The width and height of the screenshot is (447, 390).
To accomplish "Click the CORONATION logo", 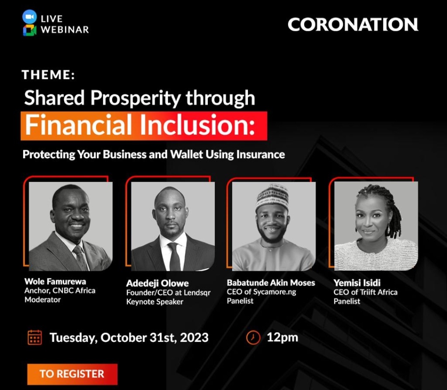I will tap(353, 25).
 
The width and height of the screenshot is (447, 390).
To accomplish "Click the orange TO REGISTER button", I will tap(72, 374).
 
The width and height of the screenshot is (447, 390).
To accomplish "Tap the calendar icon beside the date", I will tap(35, 337).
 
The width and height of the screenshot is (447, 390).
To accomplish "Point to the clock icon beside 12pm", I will tap(253, 337).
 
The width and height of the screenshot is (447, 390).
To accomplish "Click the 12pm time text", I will tap(282, 337).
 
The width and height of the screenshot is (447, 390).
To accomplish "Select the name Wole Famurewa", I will tap(55, 282).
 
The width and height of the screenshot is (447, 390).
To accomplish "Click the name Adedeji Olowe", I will tap(157, 283).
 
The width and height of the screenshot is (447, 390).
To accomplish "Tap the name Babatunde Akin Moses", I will tap(271, 283).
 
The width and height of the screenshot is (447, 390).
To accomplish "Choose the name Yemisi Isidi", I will tap(357, 283).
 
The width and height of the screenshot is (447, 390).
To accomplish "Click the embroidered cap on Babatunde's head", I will tap(272, 196).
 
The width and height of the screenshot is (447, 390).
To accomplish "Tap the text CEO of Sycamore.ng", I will tap(262, 292).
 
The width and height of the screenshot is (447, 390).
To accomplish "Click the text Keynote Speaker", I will tap(154, 302).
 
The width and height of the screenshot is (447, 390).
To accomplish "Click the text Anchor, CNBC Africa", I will tap(60, 291).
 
